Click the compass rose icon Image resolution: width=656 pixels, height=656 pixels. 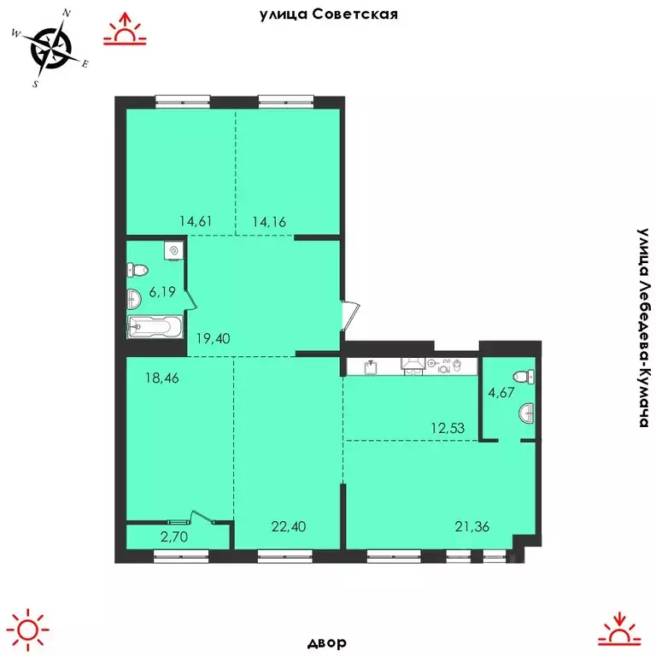click(x=51, y=48)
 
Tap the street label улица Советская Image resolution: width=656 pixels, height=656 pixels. click(x=328, y=15)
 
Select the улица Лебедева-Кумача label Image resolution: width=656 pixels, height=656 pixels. click(x=643, y=328)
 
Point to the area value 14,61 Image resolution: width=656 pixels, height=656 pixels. click(x=196, y=221)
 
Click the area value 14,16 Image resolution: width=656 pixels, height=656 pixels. click(x=268, y=221)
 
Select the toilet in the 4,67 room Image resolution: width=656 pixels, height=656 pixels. click(x=523, y=377)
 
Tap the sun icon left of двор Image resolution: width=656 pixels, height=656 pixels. click(x=29, y=628)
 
